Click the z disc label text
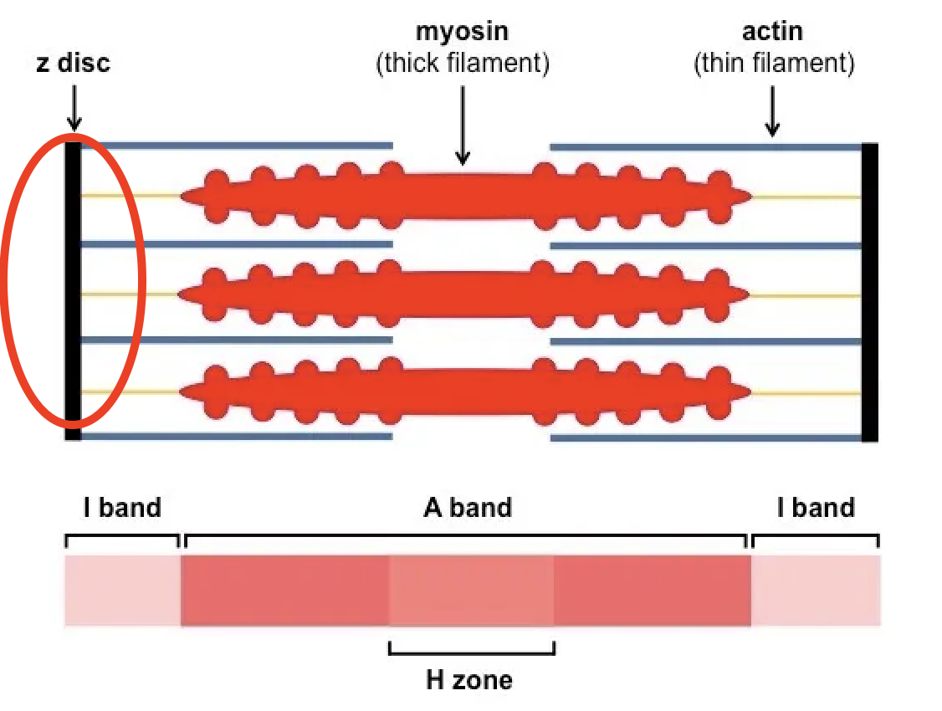click(73, 64)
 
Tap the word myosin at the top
click(462, 33)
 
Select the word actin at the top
click(772, 33)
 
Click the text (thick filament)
click(462, 64)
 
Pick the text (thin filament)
click(774, 64)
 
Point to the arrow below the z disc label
click(74, 108)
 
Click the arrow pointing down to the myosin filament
click(463, 125)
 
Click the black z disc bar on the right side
click(870, 292)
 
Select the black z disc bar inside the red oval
click(73, 284)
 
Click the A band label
click(467, 507)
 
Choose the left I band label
click(122, 507)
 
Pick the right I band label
click(816, 507)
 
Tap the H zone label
click(469, 679)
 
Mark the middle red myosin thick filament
click(465, 293)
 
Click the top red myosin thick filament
click(465, 195)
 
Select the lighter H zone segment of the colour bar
click(472, 591)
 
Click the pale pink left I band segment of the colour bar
click(122, 591)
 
